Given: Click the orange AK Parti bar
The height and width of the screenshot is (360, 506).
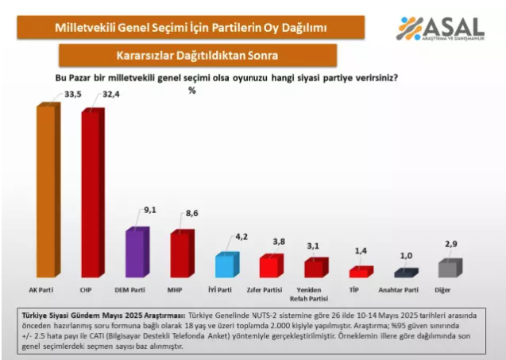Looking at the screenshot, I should [45, 191].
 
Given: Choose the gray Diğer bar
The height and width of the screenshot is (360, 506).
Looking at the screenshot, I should [450, 269].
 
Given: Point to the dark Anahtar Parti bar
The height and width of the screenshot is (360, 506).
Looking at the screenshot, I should [406, 273].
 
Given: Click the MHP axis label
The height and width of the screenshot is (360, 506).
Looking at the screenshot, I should [181, 289].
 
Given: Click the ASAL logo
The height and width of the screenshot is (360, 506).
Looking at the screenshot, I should [440, 29].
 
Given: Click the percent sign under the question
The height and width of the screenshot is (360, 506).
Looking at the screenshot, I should [191, 91].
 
